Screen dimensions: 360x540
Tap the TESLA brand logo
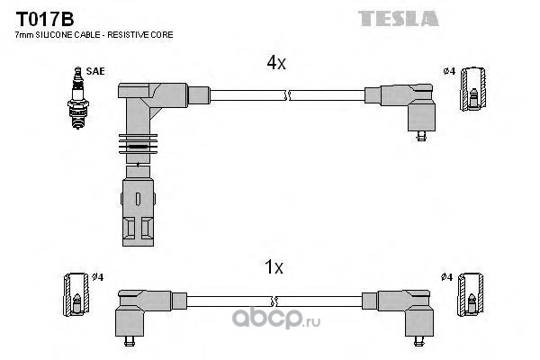[x=398, y=17]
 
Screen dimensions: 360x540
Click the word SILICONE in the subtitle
[x=56, y=34]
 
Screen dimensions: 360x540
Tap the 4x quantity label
[x=275, y=63]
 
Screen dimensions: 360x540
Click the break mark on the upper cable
[x=285, y=94]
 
